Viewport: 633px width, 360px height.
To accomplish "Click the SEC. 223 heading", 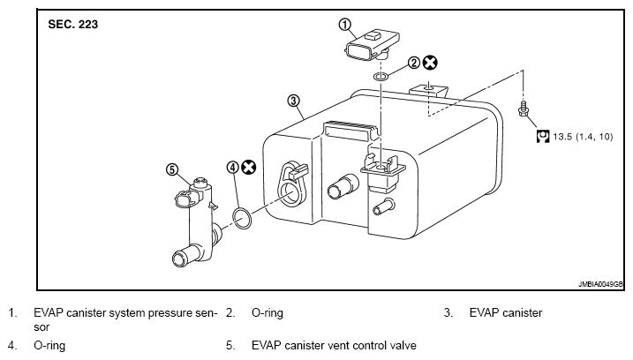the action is tap(72, 24).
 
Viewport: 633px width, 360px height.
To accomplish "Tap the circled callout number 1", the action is tap(344, 25).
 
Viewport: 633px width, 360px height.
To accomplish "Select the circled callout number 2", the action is tap(414, 63).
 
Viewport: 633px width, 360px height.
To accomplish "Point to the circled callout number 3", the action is tap(293, 101).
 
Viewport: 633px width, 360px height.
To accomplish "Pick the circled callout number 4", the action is tap(233, 167).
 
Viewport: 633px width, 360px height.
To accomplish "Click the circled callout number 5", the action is tap(172, 169).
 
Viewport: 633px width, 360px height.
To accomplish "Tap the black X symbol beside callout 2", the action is tap(430, 63).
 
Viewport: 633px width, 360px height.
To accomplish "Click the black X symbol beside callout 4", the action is tap(249, 167).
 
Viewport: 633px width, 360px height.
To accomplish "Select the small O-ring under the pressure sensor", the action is tap(381, 76).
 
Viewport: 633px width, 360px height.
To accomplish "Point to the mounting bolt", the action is tap(523, 109).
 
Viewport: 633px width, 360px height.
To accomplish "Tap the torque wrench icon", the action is tap(543, 137).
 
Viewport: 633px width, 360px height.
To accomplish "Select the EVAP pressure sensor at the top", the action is tap(372, 45).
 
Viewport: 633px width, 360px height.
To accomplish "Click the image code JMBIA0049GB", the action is tap(600, 284).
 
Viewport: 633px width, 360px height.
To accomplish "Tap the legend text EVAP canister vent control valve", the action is tap(334, 346).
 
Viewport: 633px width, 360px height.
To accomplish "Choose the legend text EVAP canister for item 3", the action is tap(506, 312).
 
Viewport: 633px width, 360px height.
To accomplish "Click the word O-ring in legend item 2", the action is tap(268, 313).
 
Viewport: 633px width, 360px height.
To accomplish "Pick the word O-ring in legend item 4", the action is tap(49, 346).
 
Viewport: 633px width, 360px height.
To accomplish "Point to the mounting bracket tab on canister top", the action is tap(429, 90).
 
